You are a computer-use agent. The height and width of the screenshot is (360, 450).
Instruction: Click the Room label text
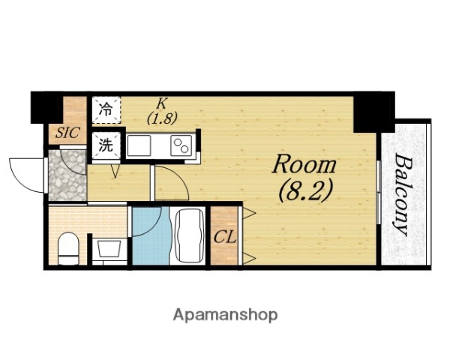pos(304,165)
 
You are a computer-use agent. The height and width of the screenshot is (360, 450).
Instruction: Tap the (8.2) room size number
pos(305,190)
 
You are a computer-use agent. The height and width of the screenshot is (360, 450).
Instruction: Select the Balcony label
pos(404,194)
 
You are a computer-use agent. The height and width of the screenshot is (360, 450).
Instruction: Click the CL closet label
pos(225,238)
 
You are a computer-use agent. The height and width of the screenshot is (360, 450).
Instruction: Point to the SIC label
pos(67,133)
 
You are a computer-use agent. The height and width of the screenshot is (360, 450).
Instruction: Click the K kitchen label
pos(161,103)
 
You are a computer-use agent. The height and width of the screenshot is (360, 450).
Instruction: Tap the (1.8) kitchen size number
pos(162,118)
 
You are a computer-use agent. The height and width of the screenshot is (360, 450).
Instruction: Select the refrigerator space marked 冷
pos(106,110)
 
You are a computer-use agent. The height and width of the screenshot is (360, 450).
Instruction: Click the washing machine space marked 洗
pos(106,145)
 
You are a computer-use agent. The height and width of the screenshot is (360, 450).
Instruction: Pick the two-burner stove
pos(181,145)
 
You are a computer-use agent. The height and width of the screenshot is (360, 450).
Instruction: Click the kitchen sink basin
pos(139,145)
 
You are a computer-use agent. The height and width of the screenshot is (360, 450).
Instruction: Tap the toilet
pos(68,248)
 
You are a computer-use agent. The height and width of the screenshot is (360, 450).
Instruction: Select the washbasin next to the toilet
pos(109,249)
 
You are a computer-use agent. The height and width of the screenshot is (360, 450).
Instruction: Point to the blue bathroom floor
pos(151,236)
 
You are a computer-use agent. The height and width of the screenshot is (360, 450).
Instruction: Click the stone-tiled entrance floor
pos(67,175)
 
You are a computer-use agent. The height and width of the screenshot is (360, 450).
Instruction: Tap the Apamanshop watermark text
pos(225,315)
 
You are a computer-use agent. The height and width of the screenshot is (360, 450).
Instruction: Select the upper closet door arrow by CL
pos(249,213)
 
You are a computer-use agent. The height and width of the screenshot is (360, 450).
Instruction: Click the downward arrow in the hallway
pos(115,171)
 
